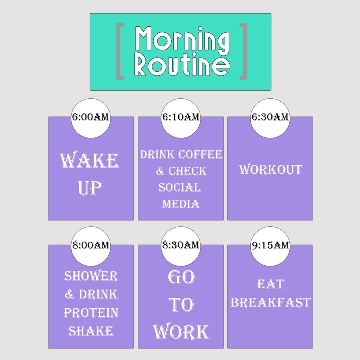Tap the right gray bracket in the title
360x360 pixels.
[x=243, y=51]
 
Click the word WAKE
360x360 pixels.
[x=89, y=161]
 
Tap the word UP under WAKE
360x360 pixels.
[x=89, y=188]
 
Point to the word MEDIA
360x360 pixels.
[x=181, y=204]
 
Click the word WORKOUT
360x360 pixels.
[x=270, y=169]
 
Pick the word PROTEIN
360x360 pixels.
[x=91, y=313]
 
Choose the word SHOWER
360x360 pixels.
[x=91, y=276]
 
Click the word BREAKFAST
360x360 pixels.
[x=270, y=302]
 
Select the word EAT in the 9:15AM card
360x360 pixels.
[x=270, y=284]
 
